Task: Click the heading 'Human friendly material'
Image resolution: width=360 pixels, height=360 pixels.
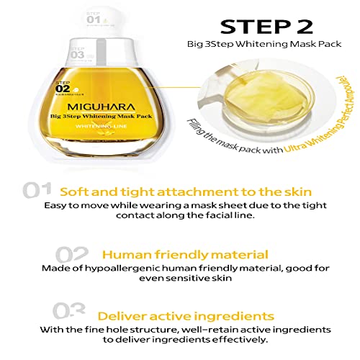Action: (186, 255)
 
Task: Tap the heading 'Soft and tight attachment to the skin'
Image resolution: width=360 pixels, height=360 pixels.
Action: (186, 192)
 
